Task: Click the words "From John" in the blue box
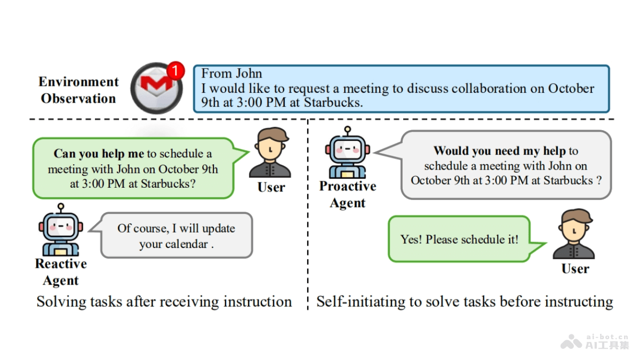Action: pos(231,74)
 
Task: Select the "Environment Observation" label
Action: pos(78,90)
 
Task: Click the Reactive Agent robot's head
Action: pos(61,226)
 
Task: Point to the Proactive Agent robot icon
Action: pos(347,154)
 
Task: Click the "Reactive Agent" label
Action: pos(61,272)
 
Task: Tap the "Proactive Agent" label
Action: pos(348,195)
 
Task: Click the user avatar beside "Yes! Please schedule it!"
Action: pos(574,235)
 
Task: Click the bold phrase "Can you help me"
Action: pos(99,154)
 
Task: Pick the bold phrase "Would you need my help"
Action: pos(499,151)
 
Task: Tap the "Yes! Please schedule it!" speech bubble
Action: pos(459,239)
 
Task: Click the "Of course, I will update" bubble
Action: pos(176,236)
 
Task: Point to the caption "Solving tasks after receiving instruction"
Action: pos(164,302)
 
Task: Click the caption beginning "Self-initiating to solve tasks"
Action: pos(465,302)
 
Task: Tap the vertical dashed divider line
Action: pos(308,213)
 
